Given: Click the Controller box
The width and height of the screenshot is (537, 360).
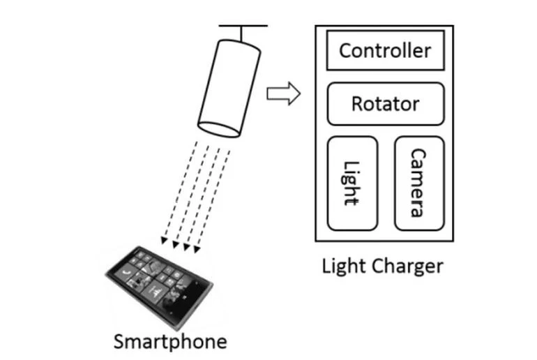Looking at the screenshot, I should [x=385, y=51].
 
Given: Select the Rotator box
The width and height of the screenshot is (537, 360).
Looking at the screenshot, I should [x=385, y=104].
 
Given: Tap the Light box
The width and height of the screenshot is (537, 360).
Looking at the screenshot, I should [x=352, y=183].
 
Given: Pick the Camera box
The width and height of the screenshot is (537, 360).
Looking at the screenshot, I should [x=418, y=183].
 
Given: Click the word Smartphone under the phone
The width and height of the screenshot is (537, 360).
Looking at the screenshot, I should [x=170, y=342].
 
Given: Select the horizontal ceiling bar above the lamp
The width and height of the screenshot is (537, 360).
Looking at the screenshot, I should [x=243, y=26].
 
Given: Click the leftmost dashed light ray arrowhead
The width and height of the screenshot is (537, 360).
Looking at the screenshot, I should [x=165, y=242].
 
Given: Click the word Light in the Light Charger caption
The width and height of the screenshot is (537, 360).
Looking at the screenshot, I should [x=343, y=267].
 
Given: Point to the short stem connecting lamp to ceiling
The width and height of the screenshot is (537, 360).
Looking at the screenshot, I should [x=242, y=33].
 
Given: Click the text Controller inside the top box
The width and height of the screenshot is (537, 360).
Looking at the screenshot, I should [x=385, y=51].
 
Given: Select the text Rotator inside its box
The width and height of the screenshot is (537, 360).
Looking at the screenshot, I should [x=385, y=104].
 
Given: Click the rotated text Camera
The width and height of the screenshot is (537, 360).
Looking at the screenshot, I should [x=418, y=183].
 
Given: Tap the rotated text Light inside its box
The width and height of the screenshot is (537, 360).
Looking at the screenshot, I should [x=351, y=183].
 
